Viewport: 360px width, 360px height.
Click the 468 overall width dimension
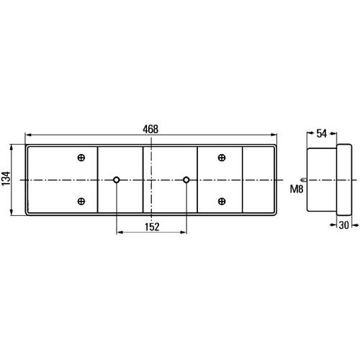[x=150, y=130]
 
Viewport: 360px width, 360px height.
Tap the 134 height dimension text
[x=6, y=179]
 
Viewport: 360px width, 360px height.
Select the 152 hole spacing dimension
[x=152, y=227]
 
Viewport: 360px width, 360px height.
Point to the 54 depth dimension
[x=322, y=133]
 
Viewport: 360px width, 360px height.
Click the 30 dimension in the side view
[x=343, y=225]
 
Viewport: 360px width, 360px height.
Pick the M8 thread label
[x=297, y=189]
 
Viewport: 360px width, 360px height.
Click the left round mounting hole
[x=117, y=180]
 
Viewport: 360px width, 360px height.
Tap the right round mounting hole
[x=186, y=180]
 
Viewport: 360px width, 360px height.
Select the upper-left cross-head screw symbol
[x=81, y=158]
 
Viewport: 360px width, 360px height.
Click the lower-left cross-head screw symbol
[x=81, y=201]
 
